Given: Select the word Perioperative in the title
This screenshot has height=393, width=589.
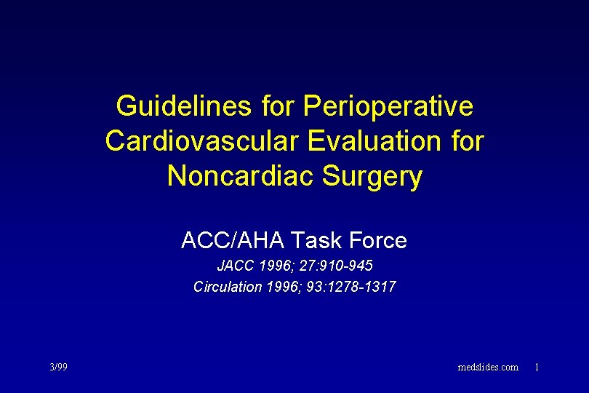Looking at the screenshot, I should [388, 106].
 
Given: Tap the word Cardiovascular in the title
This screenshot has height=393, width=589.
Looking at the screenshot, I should [203, 141].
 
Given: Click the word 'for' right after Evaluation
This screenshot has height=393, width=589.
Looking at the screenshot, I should [466, 141].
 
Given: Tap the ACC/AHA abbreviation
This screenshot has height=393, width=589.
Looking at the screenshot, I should [232, 240].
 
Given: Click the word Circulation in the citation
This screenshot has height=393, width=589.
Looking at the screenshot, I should [227, 287].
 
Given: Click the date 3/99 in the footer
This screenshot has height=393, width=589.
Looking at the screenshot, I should [58, 367].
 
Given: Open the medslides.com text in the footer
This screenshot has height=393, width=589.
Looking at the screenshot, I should [488, 367].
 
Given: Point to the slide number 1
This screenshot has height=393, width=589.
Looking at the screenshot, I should [537, 367].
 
